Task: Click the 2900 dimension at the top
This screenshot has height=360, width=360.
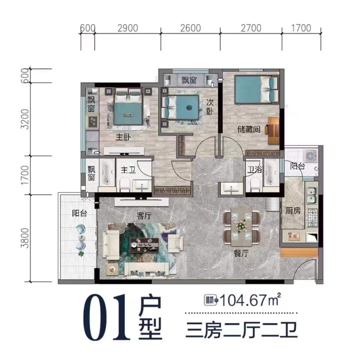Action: (128, 28)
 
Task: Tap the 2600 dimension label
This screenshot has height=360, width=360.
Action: (190, 28)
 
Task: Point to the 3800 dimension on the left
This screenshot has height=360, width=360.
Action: (25, 238)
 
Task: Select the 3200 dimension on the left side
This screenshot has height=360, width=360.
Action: (25, 119)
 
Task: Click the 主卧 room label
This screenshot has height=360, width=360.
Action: (123, 137)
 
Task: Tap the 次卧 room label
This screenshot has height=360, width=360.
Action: (210, 107)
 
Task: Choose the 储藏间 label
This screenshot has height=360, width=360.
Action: (249, 129)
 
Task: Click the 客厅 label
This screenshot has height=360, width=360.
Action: (144, 216)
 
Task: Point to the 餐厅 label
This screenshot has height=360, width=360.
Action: (241, 253)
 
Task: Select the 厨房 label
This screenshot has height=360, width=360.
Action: (293, 210)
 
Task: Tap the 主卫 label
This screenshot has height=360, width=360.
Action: (128, 170)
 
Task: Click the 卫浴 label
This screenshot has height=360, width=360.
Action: (255, 170)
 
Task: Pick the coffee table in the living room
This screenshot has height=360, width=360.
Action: (144, 245)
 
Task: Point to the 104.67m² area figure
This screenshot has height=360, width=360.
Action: (250, 300)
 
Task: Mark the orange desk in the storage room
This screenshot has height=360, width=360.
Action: (273, 131)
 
